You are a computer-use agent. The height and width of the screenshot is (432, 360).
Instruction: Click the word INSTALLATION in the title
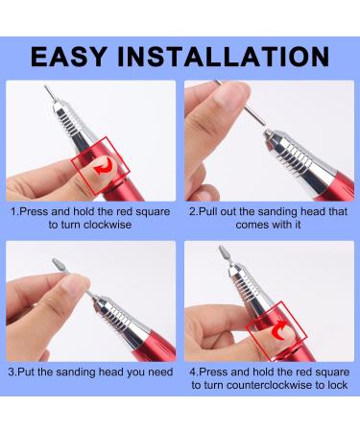point(224,55)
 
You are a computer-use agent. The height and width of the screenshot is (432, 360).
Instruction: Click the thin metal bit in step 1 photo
point(41,95)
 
